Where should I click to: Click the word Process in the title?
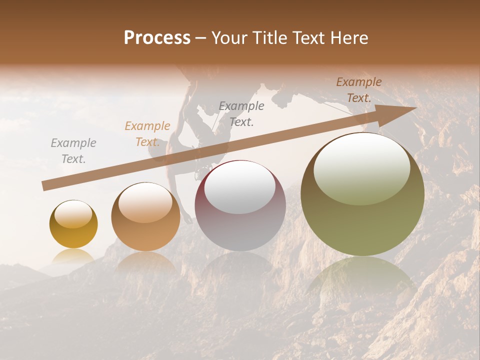coord(157,38)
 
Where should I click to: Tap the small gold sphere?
coord(73,224)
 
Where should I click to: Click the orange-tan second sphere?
coord(145,216)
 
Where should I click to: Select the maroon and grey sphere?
coord(240,205)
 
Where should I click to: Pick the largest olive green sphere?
coord(362,194)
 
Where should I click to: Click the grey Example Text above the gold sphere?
coord(73,151)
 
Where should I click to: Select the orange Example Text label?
coord(147,134)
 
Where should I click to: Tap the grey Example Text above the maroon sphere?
coord(241,114)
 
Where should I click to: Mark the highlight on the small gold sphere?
coord(73,214)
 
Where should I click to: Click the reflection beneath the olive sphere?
coord(362,280)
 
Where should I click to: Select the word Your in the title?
coord(230,38)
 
